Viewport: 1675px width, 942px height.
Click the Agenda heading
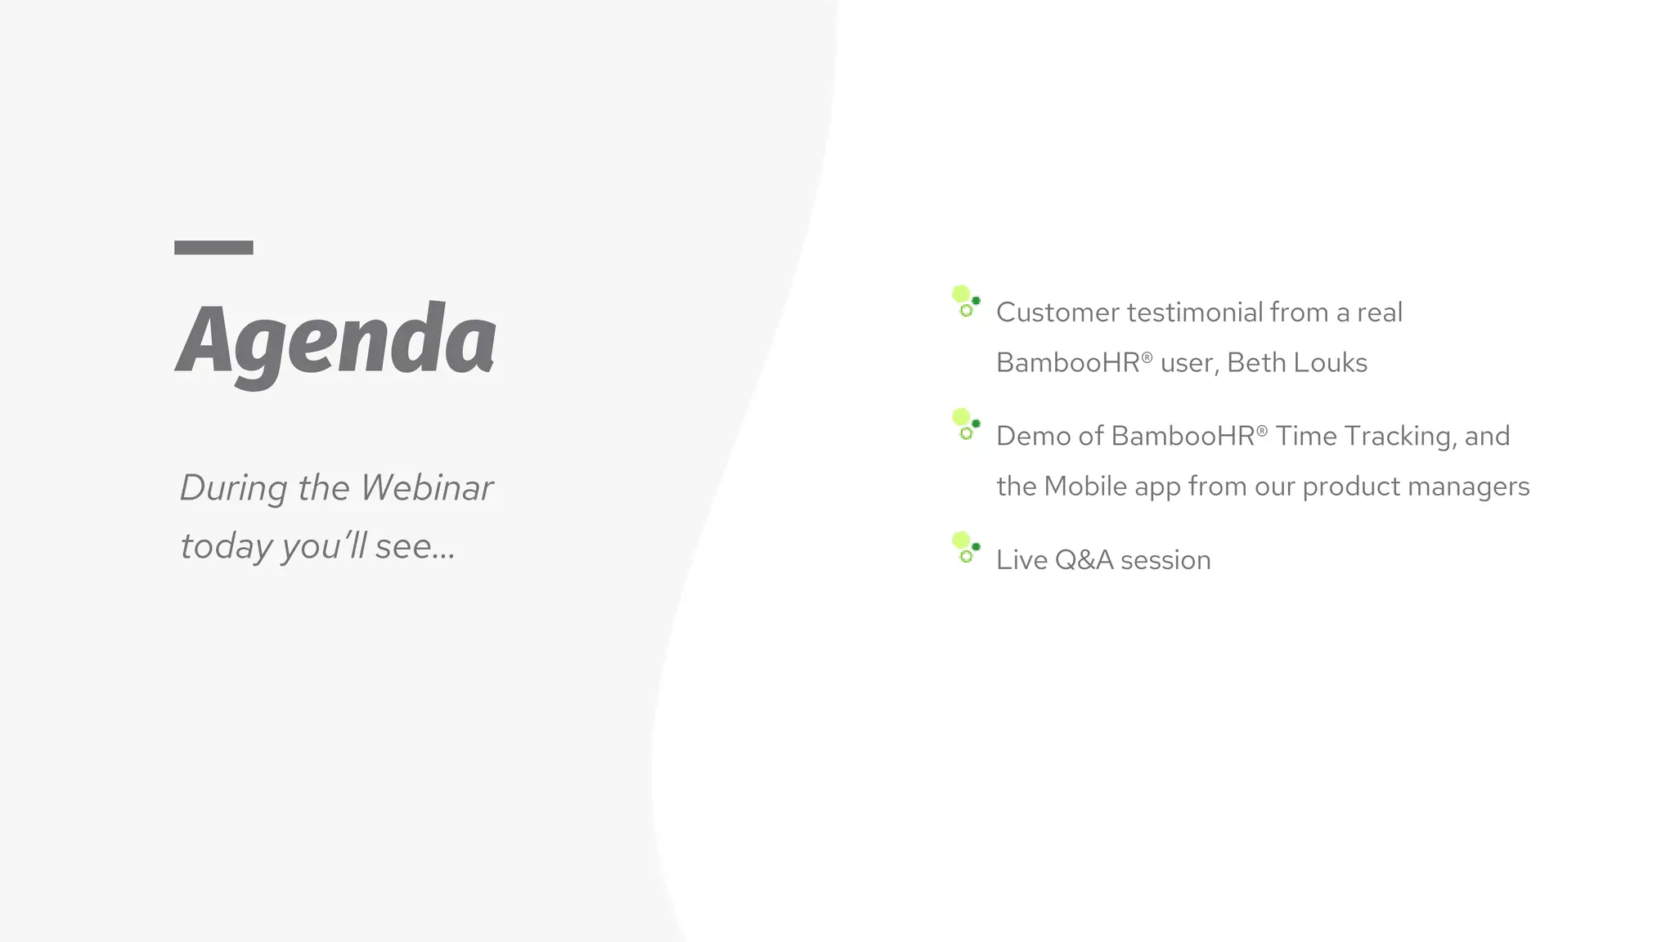pyautogui.click(x=336, y=339)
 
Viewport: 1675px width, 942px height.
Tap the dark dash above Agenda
pyautogui.click(x=213, y=248)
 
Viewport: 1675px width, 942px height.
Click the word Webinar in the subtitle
pyautogui.click(x=427, y=488)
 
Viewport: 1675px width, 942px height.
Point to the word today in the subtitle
pyautogui.click(x=226, y=546)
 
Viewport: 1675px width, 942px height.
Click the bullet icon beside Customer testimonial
pyautogui.click(x=966, y=302)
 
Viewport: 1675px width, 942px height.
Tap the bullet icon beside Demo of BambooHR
pyautogui.click(x=966, y=424)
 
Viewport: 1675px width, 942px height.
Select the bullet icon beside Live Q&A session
pyautogui.click(x=966, y=548)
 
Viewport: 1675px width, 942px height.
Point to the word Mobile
pyautogui.click(x=1085, y=487)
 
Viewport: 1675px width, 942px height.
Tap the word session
pyautogui.click(x=1165, y=561)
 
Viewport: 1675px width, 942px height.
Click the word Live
pyautogui.click(x=1022, y=560)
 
